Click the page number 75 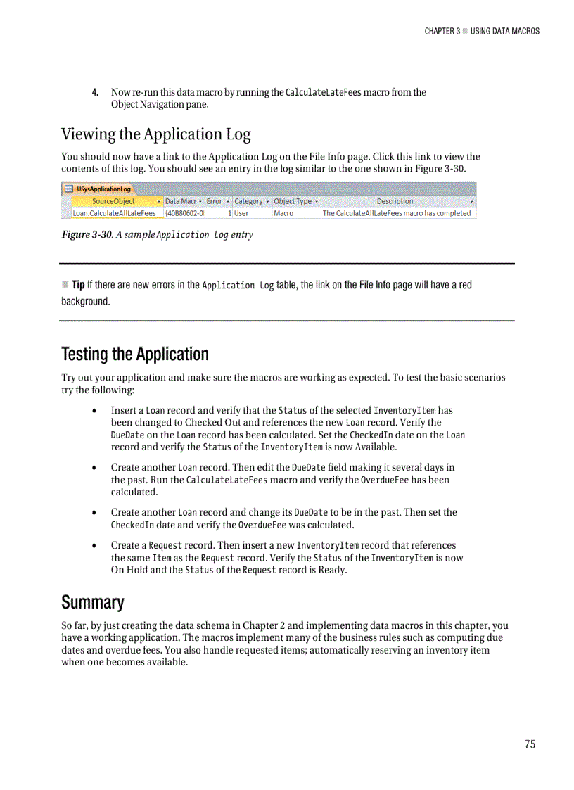(530, 744)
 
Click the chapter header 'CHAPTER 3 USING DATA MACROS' (482, 31)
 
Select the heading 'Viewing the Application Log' (155, 134)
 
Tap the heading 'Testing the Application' (135, 354)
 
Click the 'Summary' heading (92, 602)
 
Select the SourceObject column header (113, 201)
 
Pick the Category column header (248, 201)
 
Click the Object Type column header (293, 201)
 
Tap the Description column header (395, 201)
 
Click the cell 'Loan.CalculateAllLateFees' (114, 213)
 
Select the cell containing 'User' (241, 213)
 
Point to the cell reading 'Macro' (283, 213)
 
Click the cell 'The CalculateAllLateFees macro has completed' (396, 213)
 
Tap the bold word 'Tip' (78, 285)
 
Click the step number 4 (95, 93)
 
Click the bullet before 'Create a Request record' (95, 546)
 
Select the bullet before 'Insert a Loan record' (95, 411)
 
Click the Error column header (214, 201)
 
